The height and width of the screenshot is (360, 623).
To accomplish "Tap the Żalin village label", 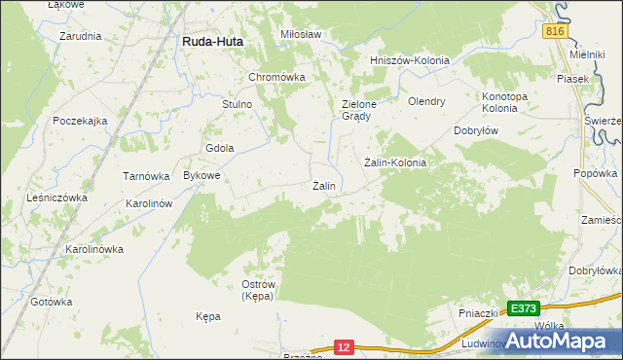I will click(324, 186).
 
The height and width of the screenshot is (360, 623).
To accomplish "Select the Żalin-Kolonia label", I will click(395, 162).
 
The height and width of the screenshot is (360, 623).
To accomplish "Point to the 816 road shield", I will click(555, 31).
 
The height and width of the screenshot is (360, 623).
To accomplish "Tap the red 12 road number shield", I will click(343, 345).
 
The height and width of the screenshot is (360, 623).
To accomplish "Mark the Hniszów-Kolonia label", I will click(410, 60).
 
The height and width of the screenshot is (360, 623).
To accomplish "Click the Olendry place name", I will click(426, 101).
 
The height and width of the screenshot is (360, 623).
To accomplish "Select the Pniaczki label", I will click(479, 314).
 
